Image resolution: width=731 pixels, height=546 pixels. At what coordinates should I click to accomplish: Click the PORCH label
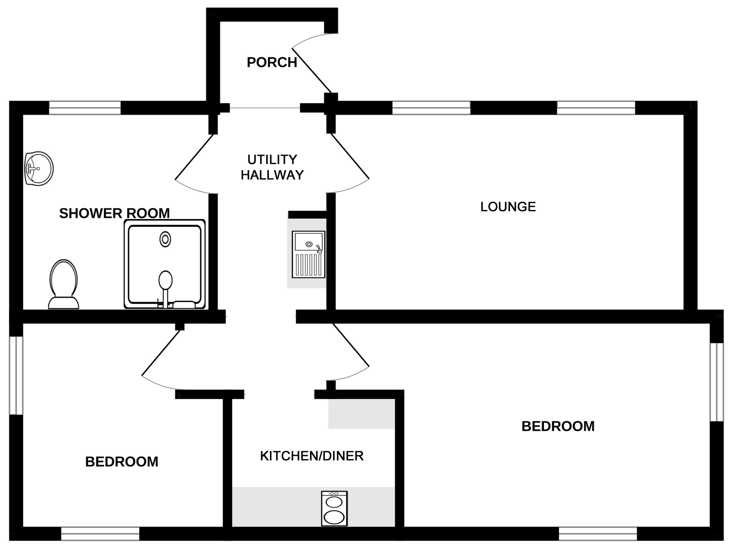[x=272, y=63]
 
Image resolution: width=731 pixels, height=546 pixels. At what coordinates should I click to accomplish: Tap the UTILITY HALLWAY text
[x=272, y=167]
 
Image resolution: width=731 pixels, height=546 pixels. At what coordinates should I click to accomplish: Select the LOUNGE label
[x=508, y=207]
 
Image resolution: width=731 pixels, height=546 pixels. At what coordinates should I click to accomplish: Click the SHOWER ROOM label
[x=114, y=214]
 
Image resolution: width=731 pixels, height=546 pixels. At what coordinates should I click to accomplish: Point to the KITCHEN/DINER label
[x=312, y=456]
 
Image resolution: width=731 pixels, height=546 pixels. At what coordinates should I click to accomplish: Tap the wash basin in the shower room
[x=39, y=168]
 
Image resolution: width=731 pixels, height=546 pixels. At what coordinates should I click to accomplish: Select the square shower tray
[x=164, y=264]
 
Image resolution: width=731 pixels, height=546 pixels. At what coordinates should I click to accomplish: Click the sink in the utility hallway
[x=308, y=254]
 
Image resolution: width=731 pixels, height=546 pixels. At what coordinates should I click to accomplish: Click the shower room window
[x=85, y=108]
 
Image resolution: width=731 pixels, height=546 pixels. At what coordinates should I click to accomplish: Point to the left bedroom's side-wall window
[x=16, y=376]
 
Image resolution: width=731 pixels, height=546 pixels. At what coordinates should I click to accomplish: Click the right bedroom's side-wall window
[x=717, y=382]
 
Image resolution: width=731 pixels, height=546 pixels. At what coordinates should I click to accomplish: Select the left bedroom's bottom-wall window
[x=100, y=534]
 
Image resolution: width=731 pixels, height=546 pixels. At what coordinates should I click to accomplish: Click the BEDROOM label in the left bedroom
[x=122, y=462]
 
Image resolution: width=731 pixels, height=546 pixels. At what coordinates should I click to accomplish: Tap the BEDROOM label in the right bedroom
[x=558, y=426]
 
